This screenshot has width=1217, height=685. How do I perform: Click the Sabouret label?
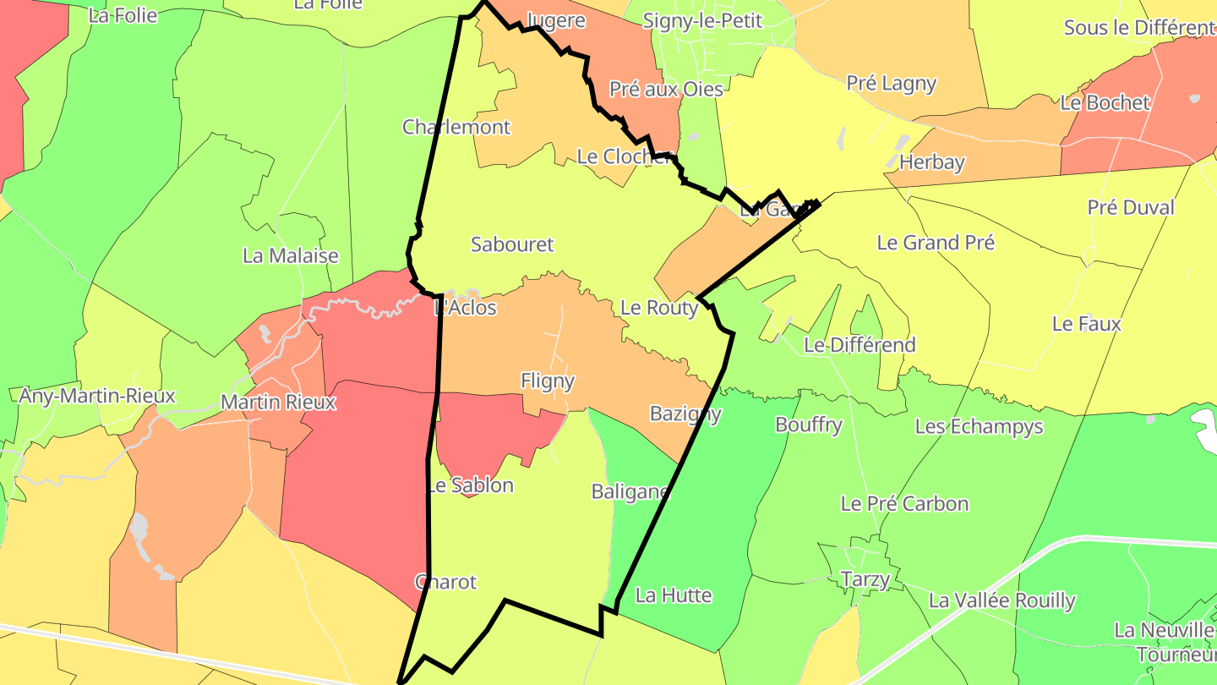pyautogui.click(x=512, y=245)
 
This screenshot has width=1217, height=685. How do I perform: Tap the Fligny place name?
pyautogui.click(x=548, y=381)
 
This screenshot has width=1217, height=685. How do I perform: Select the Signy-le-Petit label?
pyautogui.click(x=702, y=21)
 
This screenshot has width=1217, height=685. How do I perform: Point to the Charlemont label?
pyautogui.click(x=456, y=128)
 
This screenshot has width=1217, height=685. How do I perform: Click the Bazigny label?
pyautogui.click(x=685, y=414)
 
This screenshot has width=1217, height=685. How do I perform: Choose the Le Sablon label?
pyautogui.click(x=470, y=485)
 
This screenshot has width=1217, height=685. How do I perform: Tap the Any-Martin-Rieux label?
pyautogui.click(x=97, y=396)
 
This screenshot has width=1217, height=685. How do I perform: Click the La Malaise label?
pyautogui.click(x=291, y=256)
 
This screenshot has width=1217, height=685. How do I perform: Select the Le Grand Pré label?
pyautogui.click(x=936, y=243)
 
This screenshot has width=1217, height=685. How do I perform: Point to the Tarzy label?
pyautogui.click(x=865, y=579)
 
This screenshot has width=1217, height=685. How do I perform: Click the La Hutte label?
pyautogui.click(x=674, y=595)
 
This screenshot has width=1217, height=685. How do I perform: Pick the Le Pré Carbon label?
pyautogui.click(x=904, y=504)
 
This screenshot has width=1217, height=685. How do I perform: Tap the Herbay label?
pyautogui.click(x=932, y=162)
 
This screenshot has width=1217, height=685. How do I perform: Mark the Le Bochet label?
pyautogui.click(x=1105, y=103)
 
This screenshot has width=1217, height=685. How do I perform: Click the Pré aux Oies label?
pyautogui.click(x=666, y=89)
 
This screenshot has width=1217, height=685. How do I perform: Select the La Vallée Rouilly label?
pyautogui.click(x=1001, y=601)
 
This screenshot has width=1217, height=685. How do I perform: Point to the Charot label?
pyautogui.click(x=445, y=583)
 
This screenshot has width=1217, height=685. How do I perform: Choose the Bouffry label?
pyautogui.click(x=809, y=425)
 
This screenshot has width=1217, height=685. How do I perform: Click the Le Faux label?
pyautogui.click(x=1087, y=324)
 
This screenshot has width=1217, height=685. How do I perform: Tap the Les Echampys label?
pyautogui.click(x=979, y=427)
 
